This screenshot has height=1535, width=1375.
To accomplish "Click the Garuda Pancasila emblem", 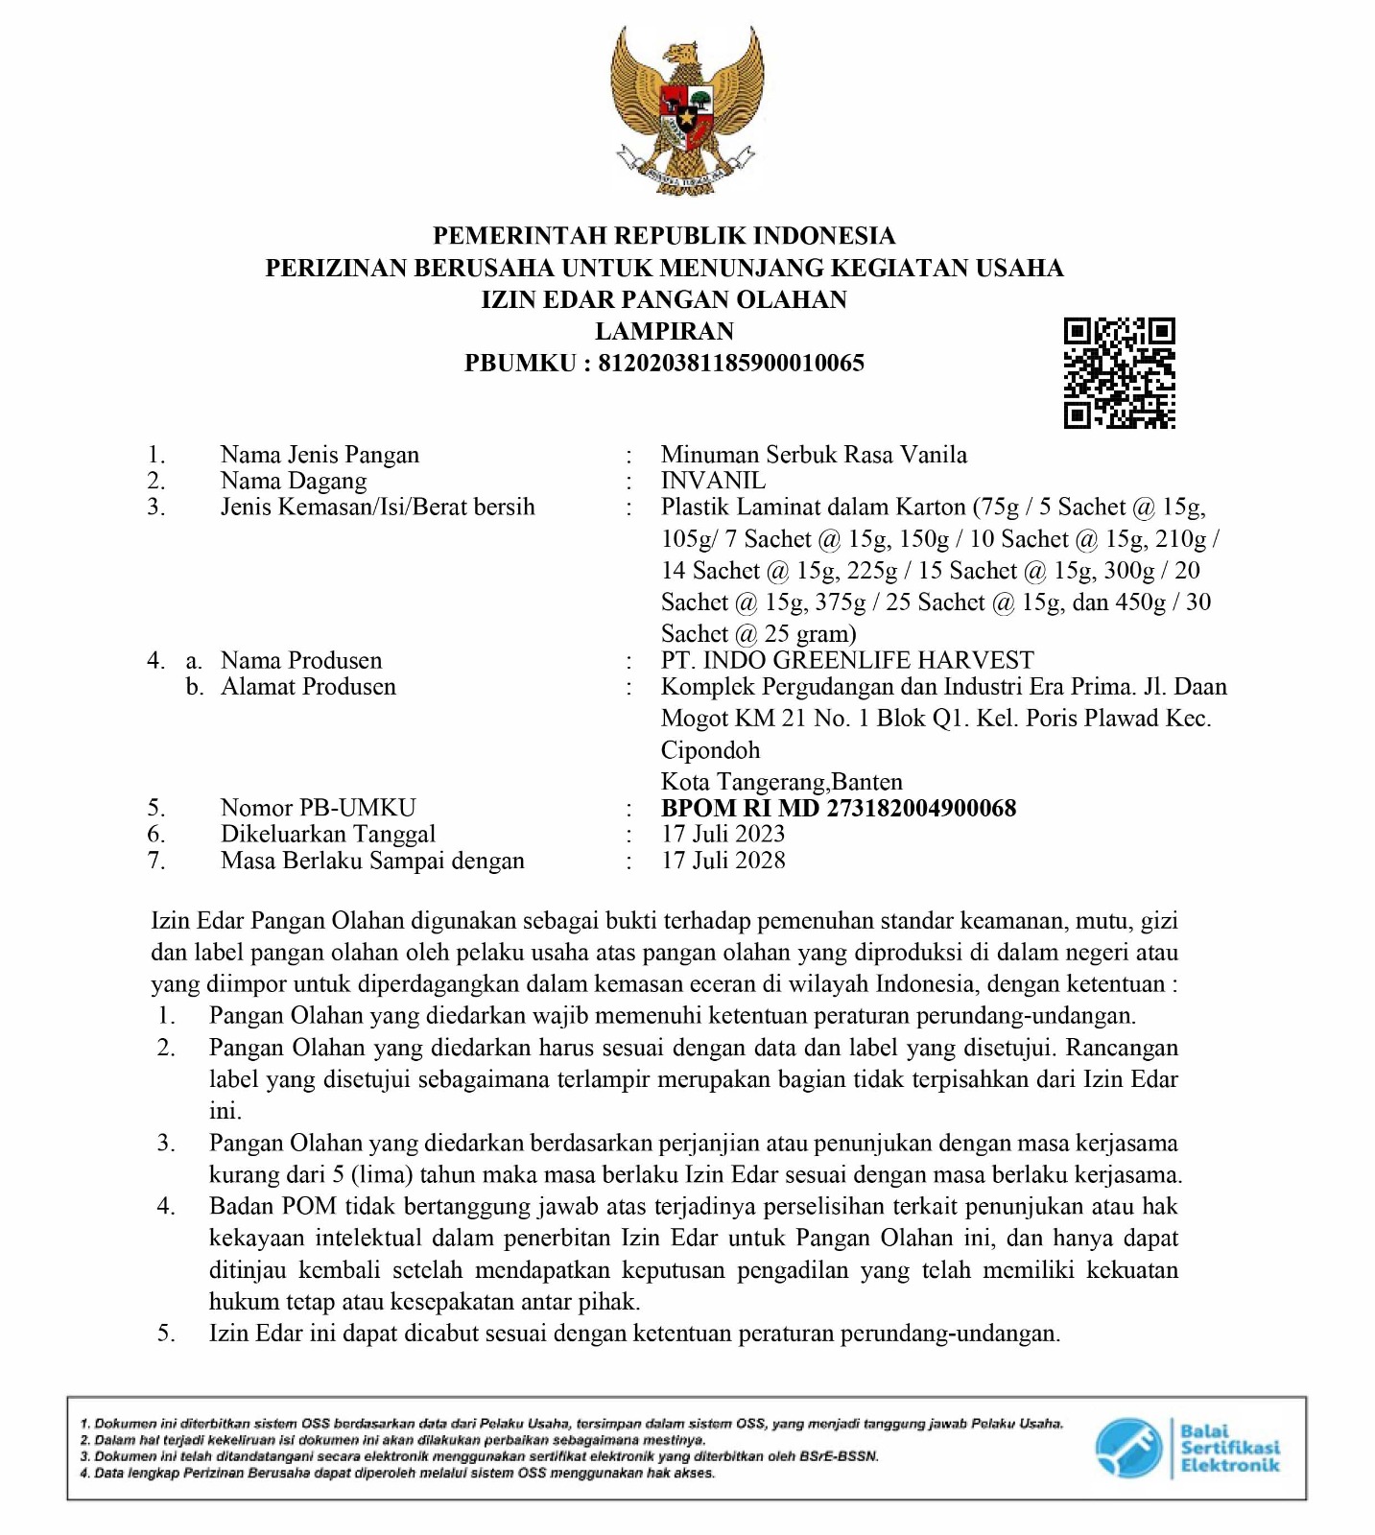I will (687, 108).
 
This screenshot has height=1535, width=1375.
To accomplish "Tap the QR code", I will (1119, 373).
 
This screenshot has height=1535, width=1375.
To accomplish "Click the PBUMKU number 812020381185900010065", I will (731, 363).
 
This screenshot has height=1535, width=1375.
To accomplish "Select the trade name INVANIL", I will (713, 481).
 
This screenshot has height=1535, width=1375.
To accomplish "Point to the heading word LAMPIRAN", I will (664, 331).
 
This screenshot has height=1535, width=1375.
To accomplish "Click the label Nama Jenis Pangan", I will (320, 455).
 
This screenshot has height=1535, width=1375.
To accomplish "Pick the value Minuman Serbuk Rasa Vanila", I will (814, 455).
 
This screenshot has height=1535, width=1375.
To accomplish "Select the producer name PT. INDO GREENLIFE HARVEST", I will (847, 660).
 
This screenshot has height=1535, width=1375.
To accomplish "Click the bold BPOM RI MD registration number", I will (839, 808).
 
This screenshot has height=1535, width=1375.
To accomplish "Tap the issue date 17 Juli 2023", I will (723, 834).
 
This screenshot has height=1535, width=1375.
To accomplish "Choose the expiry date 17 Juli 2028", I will (723, 861).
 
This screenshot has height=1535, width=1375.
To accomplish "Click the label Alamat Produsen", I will (308, 687).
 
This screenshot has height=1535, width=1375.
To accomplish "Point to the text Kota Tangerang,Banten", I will (781, 782).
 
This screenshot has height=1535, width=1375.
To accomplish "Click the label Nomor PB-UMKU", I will (318, 808).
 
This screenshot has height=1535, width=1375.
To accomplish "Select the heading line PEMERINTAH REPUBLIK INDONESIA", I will (664, 236).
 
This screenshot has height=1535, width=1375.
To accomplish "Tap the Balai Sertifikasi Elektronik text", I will (1229, 1448).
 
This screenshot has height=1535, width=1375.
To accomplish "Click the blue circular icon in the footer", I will (1128, 1448).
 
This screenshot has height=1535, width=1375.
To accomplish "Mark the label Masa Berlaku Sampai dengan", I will (372, 861).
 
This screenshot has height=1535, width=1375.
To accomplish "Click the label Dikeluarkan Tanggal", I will (327, 834).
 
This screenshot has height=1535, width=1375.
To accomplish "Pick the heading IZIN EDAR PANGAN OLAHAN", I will (664, 299).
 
